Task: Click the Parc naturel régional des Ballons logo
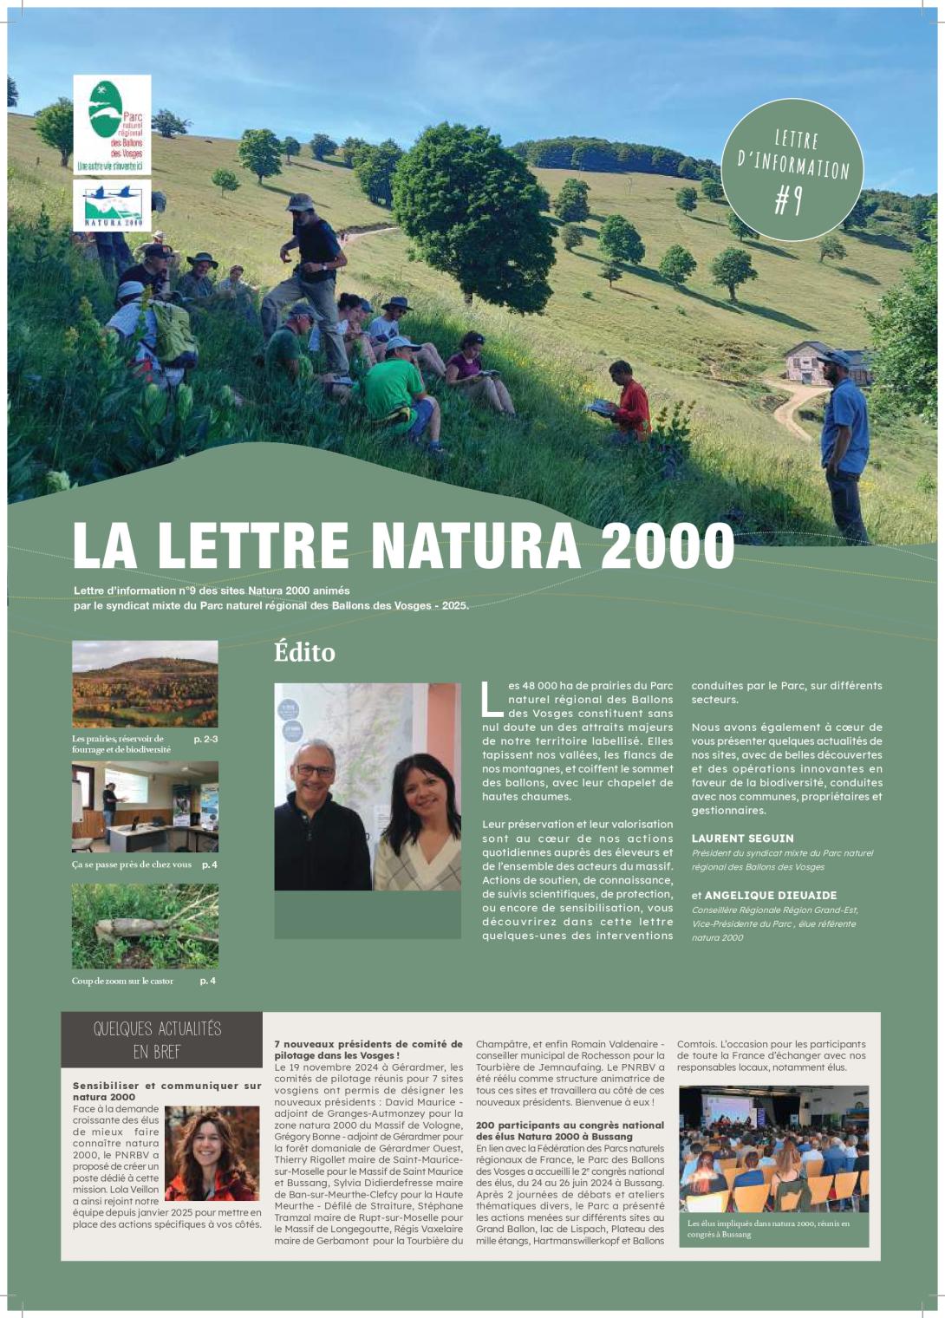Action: coord(112,124)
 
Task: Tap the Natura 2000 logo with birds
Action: coord(112,206)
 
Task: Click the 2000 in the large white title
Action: coord(667,546)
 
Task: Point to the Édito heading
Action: coord(304,652)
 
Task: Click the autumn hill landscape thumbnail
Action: coord(145,684)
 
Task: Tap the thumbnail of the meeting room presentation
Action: coord(145,806)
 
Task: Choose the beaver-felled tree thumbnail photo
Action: coord(145,926)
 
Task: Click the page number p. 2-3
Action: coord(205,739)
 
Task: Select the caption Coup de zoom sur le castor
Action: coord(122,981)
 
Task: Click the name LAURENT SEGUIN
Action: coord(742,838)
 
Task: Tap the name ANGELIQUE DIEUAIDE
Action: coord(771,895)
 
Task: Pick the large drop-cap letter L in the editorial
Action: coord(491,698)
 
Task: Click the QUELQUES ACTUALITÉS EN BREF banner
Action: coord(161,1040)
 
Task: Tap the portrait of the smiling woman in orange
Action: coord(212,1152)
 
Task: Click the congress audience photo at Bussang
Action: coord(773,1148)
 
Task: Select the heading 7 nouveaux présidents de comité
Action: coord(368,1049)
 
